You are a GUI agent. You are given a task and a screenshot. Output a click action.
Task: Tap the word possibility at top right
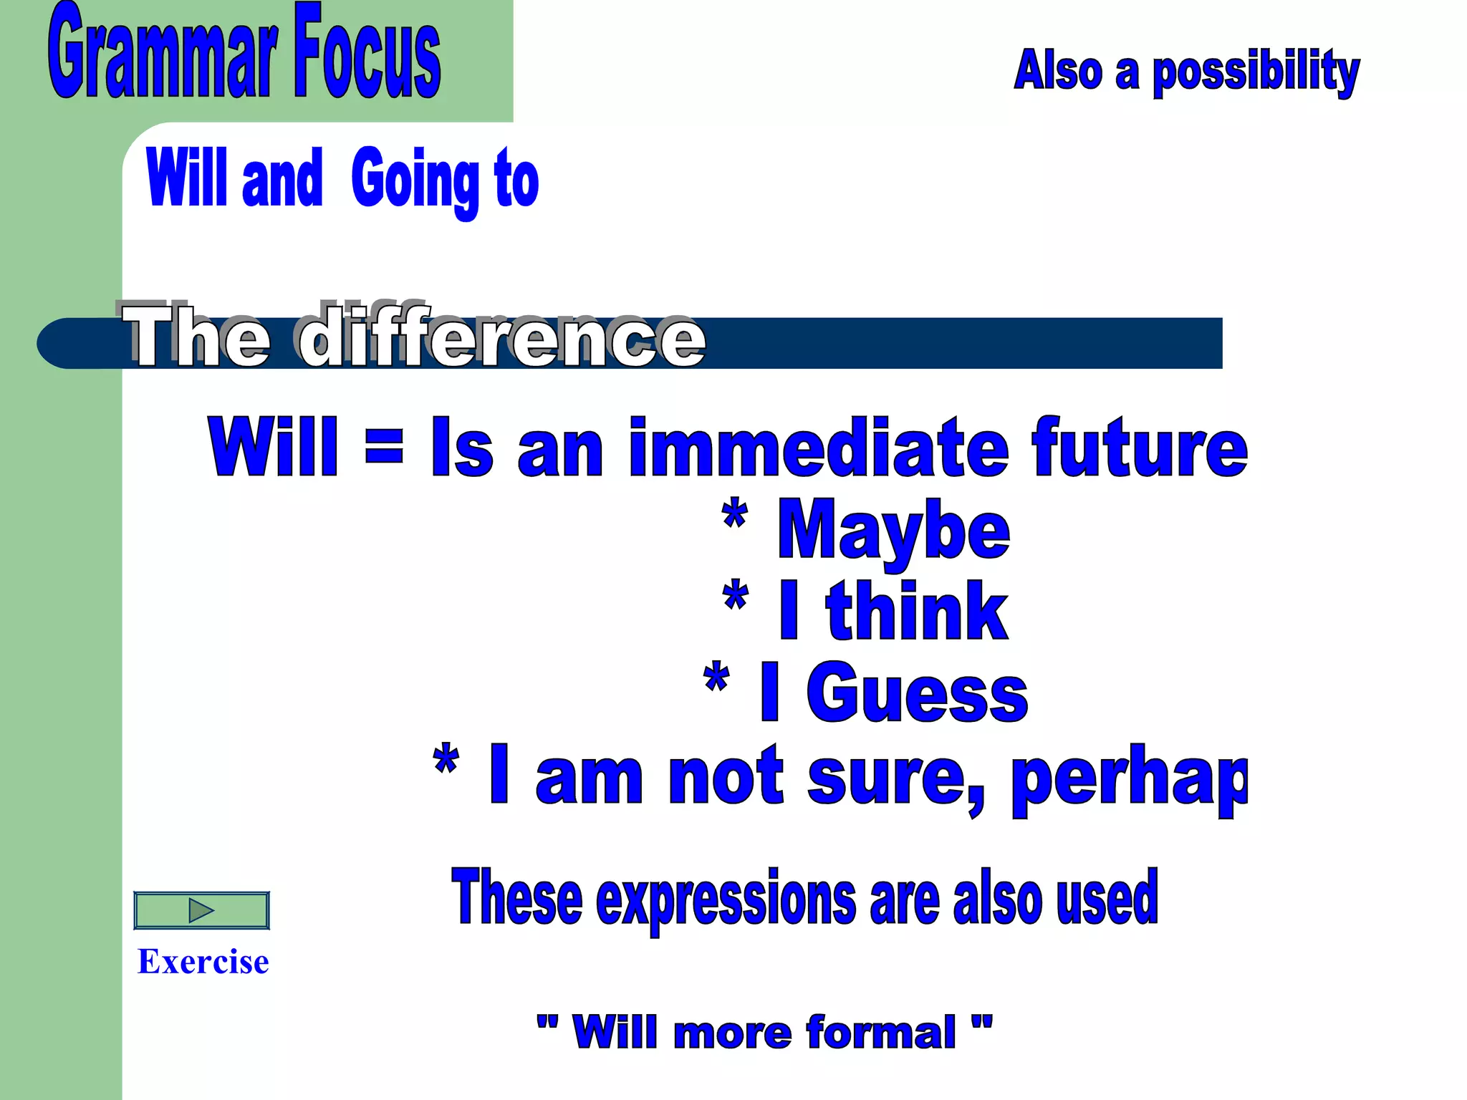point(1255,72)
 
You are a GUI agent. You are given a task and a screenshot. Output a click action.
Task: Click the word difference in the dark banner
point(501,337)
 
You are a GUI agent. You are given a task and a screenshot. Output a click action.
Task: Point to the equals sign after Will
point(384,445)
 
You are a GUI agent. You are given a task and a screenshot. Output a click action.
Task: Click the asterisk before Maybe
point(735,514)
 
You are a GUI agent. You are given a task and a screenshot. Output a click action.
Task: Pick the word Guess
point(917,693)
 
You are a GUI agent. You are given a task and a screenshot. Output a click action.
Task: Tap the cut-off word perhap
point(1130,777)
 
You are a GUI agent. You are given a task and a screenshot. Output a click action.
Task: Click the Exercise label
point(203,962)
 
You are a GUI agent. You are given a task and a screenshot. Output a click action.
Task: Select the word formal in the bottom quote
point(880,1033)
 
